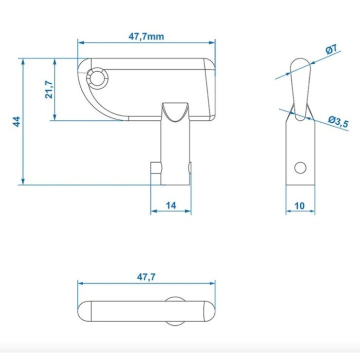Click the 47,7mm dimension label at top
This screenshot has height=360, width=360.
(146, 36)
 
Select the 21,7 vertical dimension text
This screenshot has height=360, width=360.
(49, 89)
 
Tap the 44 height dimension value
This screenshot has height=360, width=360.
(16, 121)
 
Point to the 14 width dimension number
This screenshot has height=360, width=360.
(171, 205)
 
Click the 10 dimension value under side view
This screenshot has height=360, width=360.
(299, 205)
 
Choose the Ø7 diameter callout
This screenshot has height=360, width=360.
(331, 49)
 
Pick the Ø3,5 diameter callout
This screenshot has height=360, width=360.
(338, 121)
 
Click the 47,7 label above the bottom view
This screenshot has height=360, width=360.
(146, 277)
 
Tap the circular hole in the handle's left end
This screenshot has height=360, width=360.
(97, 78)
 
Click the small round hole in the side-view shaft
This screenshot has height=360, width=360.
(300, 167)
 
